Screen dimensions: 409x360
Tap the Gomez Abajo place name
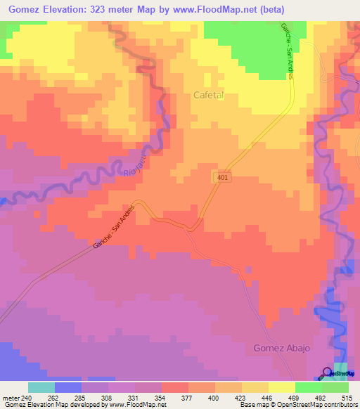coord(282,348)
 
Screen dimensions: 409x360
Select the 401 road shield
coord(221,179)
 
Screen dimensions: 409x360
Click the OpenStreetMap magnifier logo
coord(328,373)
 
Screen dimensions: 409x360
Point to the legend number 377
coord(188,397)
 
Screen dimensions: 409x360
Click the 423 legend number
coord(241,397)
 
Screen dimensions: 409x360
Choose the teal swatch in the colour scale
coord(41,387)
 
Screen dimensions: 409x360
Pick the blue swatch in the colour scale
coord(67,387)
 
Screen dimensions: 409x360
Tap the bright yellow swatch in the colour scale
coord(281,387)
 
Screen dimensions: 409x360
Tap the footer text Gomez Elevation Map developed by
coord(49,405)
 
